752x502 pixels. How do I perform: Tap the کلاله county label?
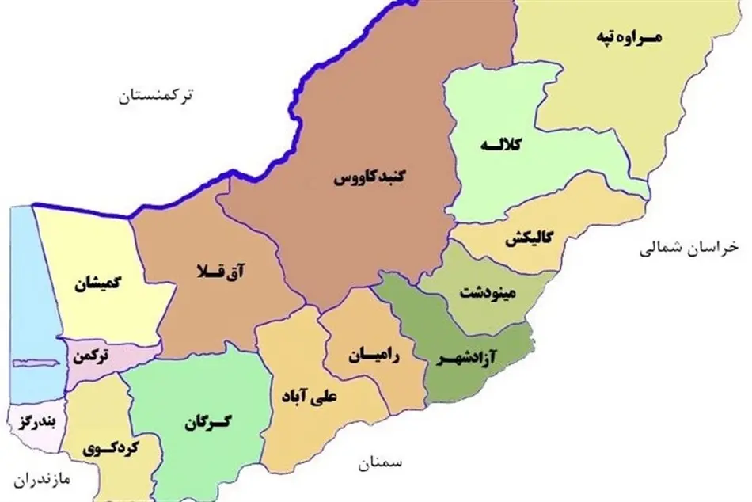click(x=503, y=146)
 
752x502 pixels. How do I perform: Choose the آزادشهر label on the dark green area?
click(x=467, y=358)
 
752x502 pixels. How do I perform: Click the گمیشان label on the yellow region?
click(x=100, y=282)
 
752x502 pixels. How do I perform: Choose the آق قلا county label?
click(x=222, y=273)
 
